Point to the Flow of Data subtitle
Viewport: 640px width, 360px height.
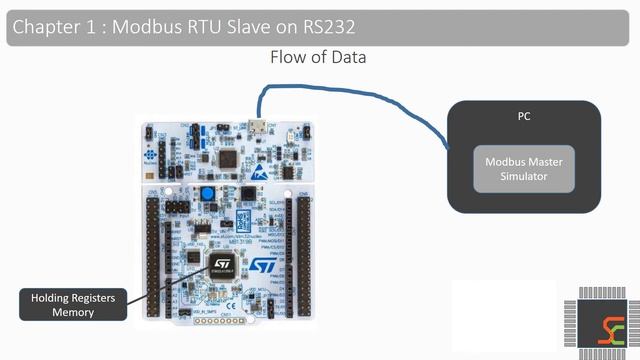point(318,57)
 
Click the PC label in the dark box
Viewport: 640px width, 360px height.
point(523,116)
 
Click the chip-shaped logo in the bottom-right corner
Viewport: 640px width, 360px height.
point(607,323)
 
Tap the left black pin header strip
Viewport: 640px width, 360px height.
point(155,250)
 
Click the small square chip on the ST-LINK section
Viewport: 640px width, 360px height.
point(229,159)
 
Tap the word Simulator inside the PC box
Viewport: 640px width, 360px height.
point(523,177)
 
